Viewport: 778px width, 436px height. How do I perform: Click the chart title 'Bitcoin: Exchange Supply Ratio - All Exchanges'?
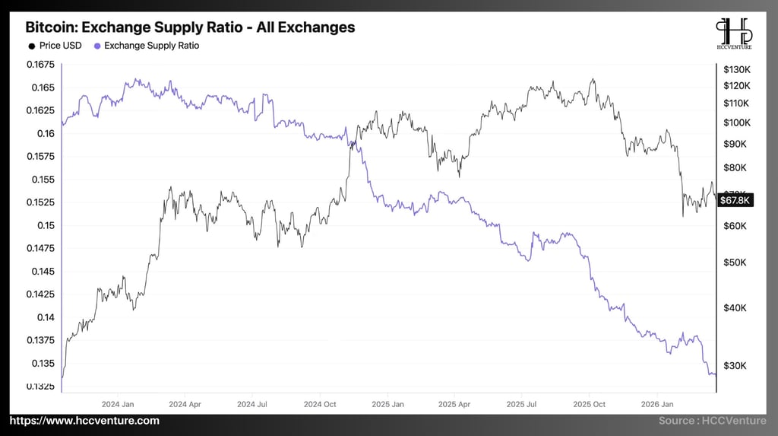tap(190, 27)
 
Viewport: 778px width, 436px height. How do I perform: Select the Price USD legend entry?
tap(55, 46)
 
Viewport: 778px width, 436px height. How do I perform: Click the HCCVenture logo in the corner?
tap(734, 34)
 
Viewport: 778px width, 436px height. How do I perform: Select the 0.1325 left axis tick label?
tap(43, 387)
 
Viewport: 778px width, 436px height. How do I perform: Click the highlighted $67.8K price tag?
tap(735, 200)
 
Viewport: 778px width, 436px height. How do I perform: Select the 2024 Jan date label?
tap(118, 404)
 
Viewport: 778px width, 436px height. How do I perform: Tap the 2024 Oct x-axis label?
tap(320, 404)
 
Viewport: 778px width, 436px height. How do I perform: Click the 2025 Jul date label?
tap(521, 404)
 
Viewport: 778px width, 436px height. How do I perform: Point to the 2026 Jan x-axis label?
tap(657, 404)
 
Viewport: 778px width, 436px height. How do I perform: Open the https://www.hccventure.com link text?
tap(85, 421)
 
